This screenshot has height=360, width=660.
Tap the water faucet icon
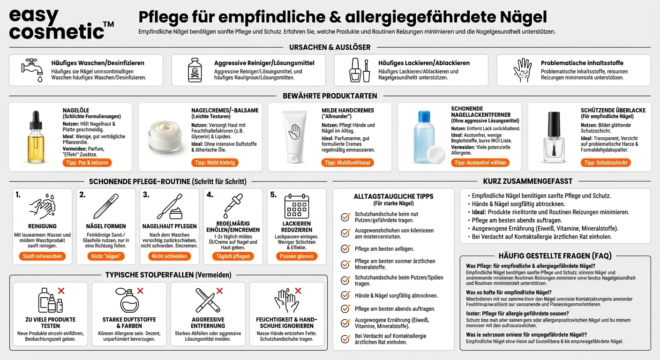32,70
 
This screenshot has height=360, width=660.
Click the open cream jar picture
164,136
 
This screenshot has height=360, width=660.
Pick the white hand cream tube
294,136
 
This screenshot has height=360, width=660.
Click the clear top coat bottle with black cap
554,136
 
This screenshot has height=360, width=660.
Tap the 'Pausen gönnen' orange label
297,256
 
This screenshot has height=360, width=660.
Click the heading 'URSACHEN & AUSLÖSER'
330,47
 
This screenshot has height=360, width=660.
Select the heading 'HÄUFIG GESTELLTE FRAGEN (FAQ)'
555,256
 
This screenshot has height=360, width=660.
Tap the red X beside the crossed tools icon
219,291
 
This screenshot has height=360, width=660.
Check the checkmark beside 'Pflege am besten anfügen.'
345,249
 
